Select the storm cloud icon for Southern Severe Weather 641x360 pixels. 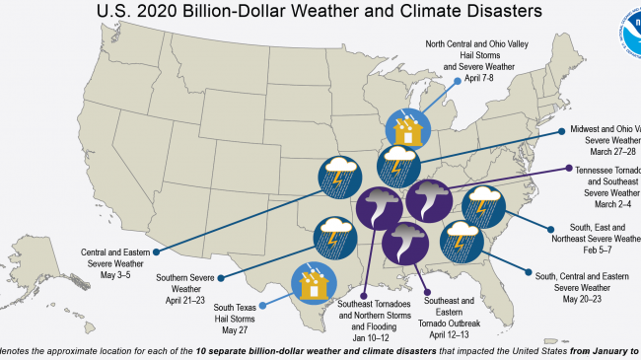[334, 238]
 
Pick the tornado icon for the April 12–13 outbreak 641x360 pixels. [404, 244]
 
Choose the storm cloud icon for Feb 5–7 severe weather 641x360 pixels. [481, 208]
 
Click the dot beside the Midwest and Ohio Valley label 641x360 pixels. [562, 130]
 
